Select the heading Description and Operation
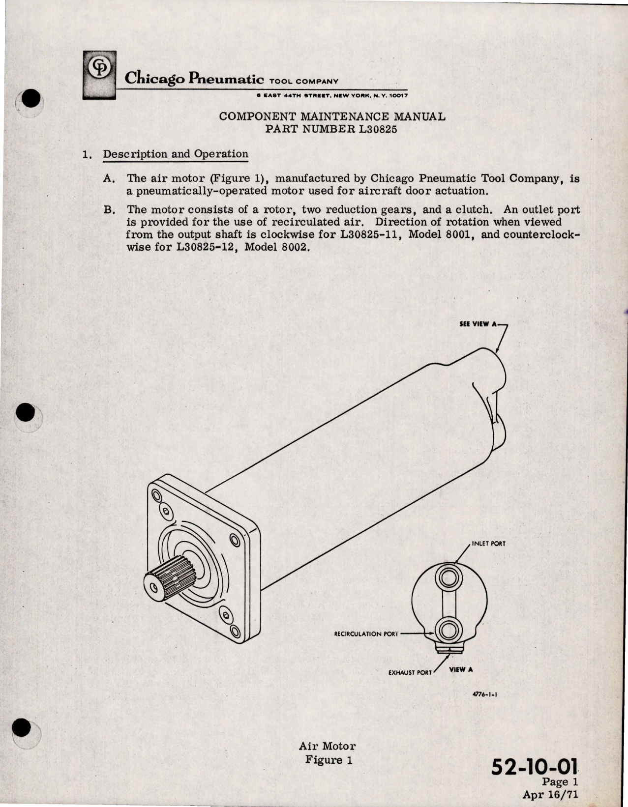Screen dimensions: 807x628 175,154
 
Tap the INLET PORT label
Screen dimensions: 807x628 488,544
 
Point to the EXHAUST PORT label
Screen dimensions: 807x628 410,672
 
